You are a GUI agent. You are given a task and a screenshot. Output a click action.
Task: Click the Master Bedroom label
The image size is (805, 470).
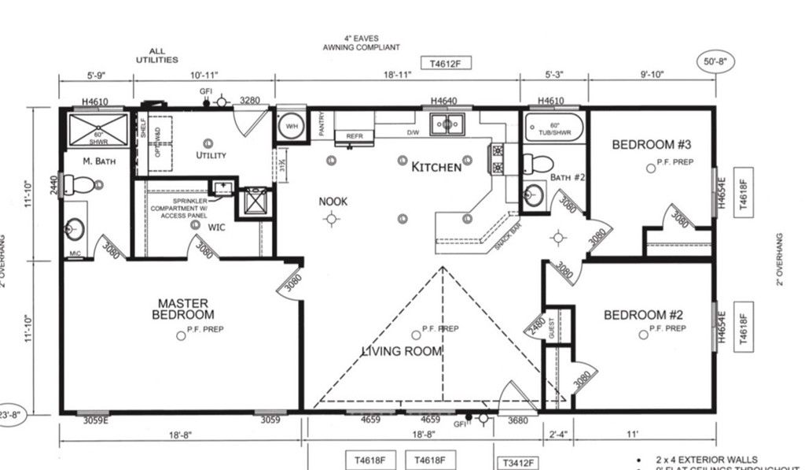coord(183,309)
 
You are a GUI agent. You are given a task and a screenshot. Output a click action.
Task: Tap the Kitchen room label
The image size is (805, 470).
coord(436,167)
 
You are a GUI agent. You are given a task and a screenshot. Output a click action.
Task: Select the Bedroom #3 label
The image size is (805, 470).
coord(651,145)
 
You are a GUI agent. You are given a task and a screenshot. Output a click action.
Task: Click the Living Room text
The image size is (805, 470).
coord(402,351)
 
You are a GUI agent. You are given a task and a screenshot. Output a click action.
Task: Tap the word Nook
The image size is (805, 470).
coord(333,202)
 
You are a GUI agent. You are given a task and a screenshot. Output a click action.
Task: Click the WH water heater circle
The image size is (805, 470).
coord(290,127)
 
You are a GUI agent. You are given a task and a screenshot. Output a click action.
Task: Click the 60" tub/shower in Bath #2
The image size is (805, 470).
coord(553,128)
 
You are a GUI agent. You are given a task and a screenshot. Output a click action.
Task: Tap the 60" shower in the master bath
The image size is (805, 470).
coord(98,129)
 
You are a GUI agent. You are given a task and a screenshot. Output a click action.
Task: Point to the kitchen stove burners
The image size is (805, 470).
coord(497,158)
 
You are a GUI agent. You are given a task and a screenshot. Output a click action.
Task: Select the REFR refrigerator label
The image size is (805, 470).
coord(354,136)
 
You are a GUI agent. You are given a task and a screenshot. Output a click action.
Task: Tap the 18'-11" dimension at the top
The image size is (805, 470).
coord(397,75)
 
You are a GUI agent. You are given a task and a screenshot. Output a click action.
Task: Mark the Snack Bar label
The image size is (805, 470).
coord(509,235)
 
